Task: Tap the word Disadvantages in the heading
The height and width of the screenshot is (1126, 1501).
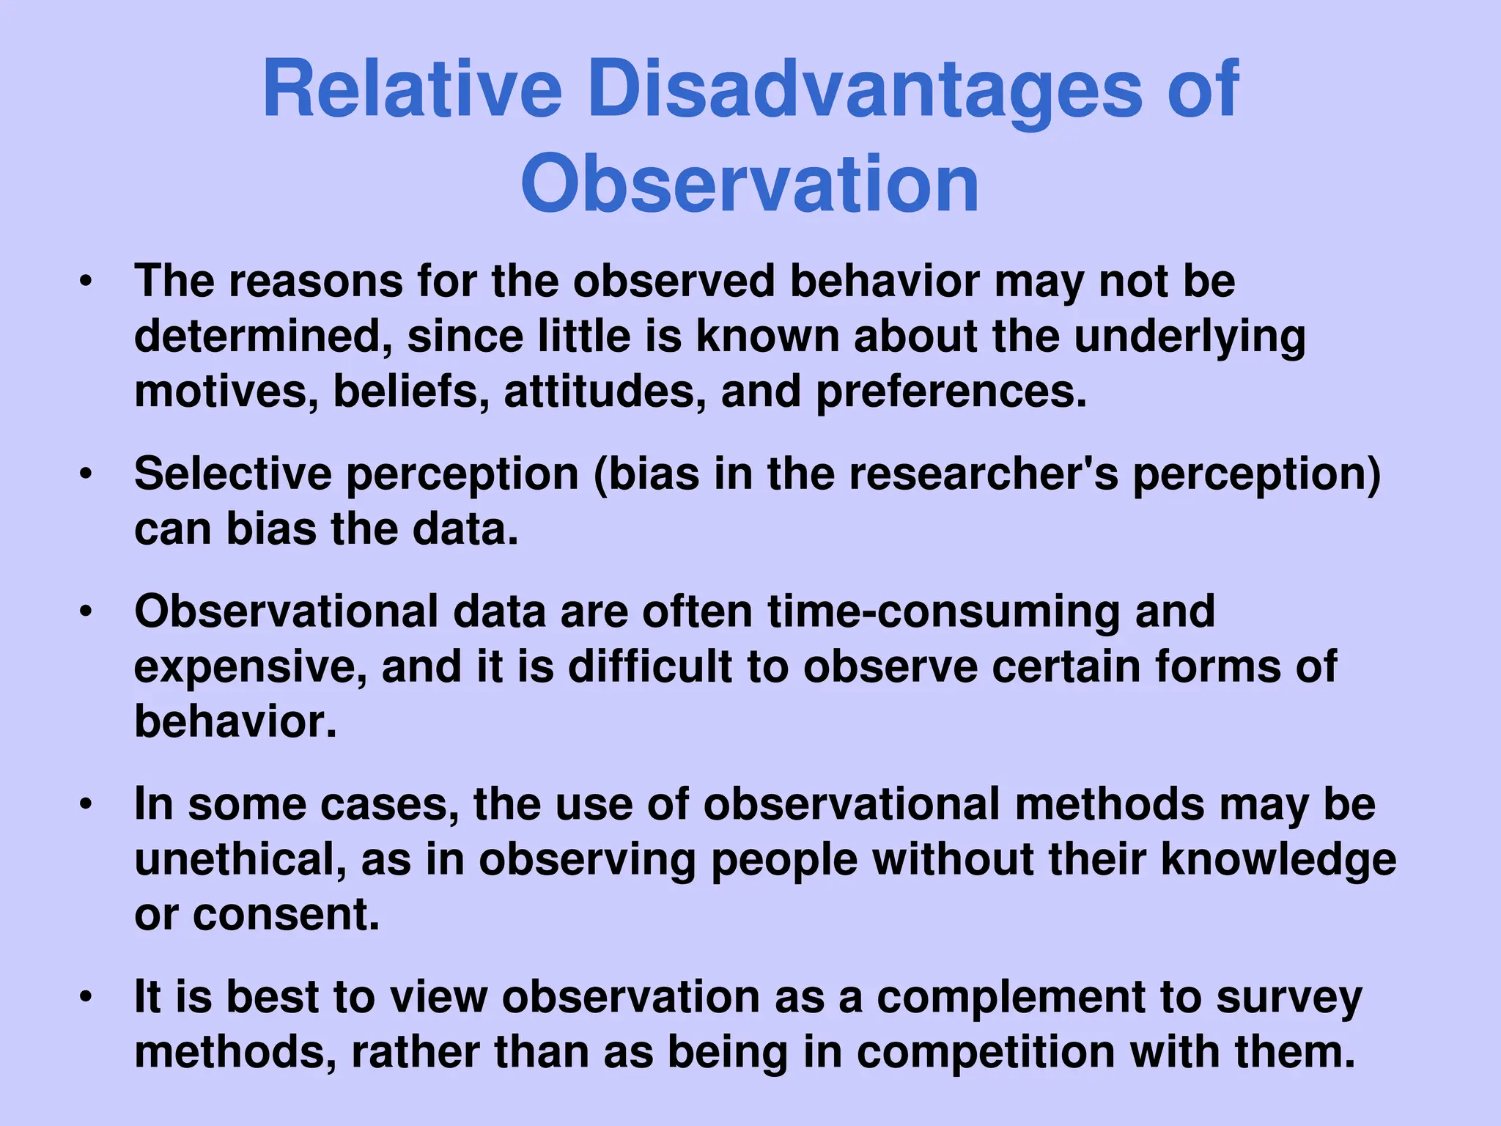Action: tap(865, 89)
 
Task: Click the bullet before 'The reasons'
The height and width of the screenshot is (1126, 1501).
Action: tap(86, 282)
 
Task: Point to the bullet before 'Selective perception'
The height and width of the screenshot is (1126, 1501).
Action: tap(86, 475)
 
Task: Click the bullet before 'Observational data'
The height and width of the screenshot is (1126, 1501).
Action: tap(86, 612)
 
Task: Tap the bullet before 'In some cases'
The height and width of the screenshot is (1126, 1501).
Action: tap(86, 805)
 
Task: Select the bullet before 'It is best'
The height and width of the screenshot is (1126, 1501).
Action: tap(86, 998)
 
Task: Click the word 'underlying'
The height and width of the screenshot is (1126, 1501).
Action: tap(1190, 337)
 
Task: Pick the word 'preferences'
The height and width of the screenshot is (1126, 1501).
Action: tap(951, 392)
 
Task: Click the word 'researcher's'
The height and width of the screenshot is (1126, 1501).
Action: tap(984, 474)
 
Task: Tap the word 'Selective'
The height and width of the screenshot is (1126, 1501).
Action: tap(232, 474)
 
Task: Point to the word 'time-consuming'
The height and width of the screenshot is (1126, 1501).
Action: tap(943, 612)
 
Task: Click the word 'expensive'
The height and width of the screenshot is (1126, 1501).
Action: tap(250, 666)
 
